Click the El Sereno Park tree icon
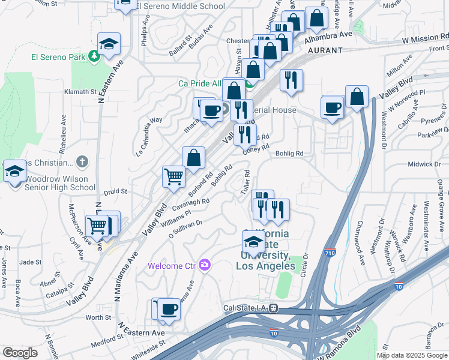(93, 56)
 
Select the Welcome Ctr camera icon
(205, 265)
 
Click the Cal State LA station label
(245, 308)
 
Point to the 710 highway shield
(330, 254)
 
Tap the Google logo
(20, 353)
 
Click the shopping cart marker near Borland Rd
(173, 176)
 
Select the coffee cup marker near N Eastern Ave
(169, 309)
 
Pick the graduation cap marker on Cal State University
(253, 242)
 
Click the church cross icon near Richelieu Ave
(82, 163)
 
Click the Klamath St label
(80, 92)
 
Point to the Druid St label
(115, 192)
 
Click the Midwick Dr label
(424, 164)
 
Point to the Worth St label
(100, 317)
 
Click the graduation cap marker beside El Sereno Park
(109, 43)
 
